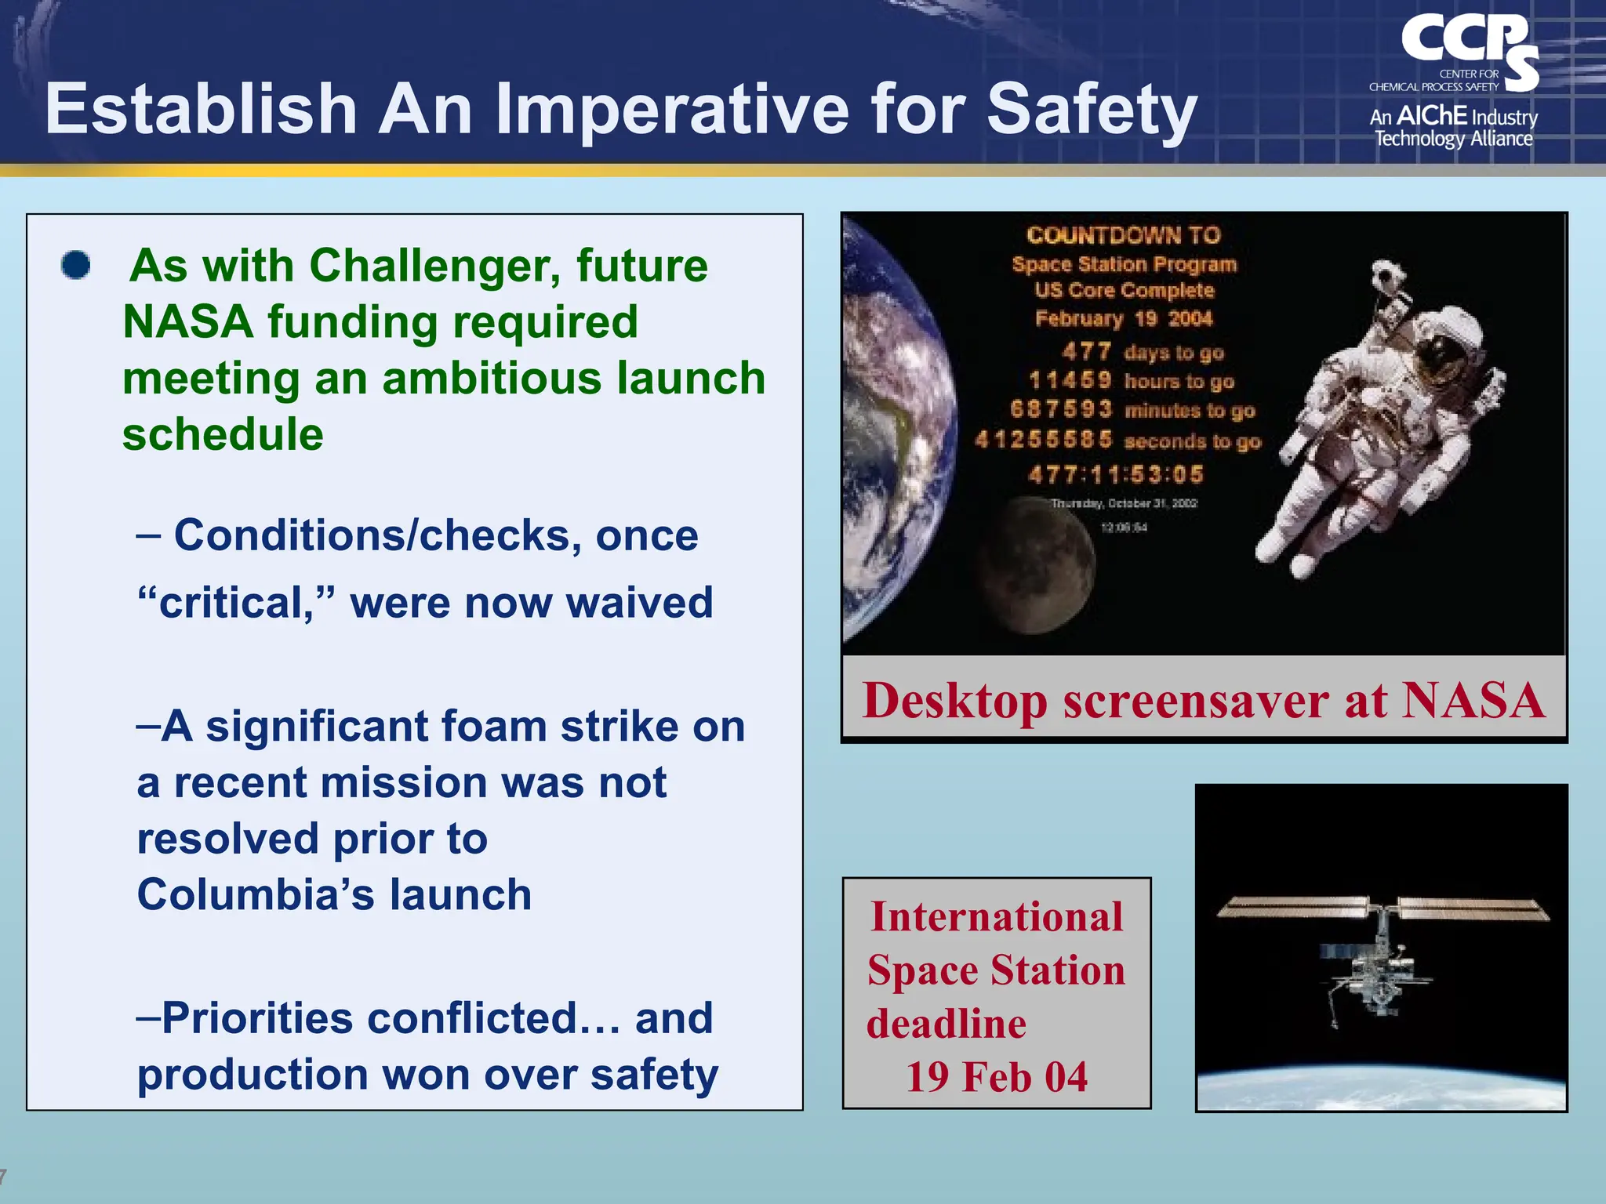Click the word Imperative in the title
coord(671,110)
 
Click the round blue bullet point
coord(76,265)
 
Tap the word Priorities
coord(257,1018)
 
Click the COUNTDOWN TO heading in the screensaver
coord(1124,235)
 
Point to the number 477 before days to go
coord(1086,351)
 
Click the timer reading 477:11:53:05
coord(1115,474)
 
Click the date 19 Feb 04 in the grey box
coord(997,1077)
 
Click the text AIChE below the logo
coord(1431,116)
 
